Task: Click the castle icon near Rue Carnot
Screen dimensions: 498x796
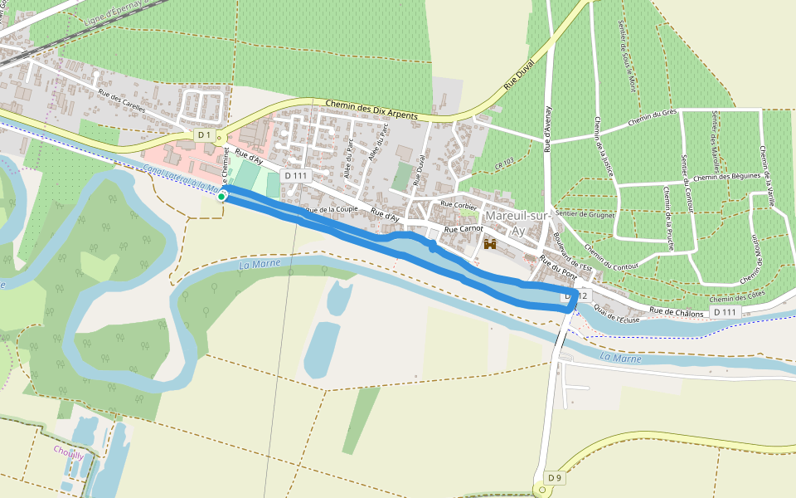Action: tap(490, 244)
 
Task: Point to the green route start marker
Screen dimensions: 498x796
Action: tap(222, 196)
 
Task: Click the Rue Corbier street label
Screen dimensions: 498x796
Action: tap(459, 203)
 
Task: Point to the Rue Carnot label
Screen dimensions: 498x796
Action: tap(464, 228)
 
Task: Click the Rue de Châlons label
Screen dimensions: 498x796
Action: tap(677, 312)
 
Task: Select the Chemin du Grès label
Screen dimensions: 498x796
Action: tap(653, 118)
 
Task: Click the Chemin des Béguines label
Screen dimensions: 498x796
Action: tap(727, 176)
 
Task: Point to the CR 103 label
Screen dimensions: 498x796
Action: tap(504, 164)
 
